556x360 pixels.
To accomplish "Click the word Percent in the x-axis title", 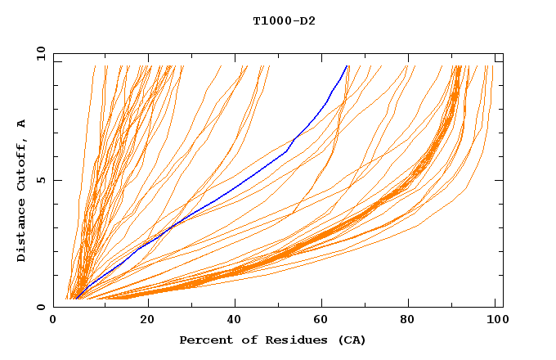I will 204,340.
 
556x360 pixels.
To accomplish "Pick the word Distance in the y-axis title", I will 21,232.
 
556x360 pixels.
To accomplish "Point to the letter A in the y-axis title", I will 21,123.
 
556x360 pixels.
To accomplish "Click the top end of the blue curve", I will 347,65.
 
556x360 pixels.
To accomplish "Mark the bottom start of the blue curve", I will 74,299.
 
